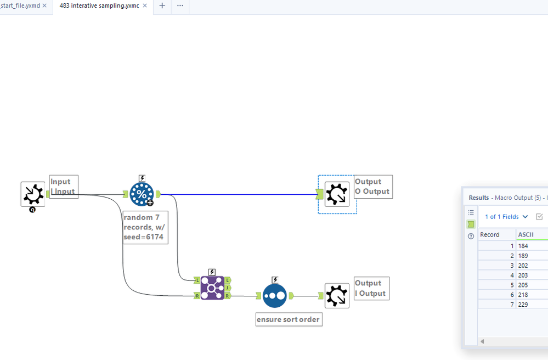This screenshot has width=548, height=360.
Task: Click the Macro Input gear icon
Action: coord(33,194)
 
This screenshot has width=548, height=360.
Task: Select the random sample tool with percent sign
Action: coord(142,194)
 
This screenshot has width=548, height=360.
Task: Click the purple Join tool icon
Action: coord(212,288)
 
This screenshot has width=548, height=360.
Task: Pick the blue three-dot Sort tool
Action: coord(274,296)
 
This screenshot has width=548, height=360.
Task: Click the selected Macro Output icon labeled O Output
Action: coord(337,194)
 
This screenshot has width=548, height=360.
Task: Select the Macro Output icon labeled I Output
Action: coord(337,296)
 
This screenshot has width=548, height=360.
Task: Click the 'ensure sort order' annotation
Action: coord(289,319)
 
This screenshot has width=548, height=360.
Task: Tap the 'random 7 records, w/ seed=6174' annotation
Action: coord(145,228)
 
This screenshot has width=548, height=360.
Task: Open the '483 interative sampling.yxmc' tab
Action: coord(99,5)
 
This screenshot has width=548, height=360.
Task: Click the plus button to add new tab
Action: coord(162,5)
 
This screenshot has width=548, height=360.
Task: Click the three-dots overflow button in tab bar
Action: coord(180,5)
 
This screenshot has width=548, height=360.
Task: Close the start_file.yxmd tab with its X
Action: coord(45,5)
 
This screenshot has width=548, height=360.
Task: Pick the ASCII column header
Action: coord(527,234)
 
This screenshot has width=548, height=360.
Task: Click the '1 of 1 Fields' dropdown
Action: coord(506,217)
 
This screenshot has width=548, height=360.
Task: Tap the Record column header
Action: coord(490,234)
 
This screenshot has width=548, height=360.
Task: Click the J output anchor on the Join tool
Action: coord(228,288)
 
